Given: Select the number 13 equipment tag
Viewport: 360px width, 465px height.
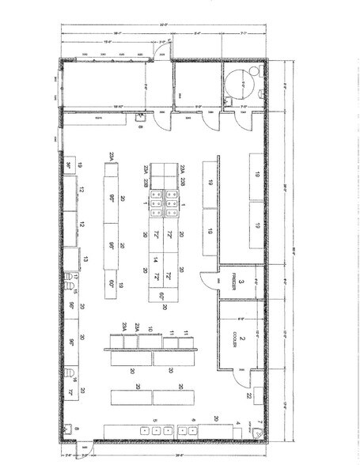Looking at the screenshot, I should [x=85, y=259].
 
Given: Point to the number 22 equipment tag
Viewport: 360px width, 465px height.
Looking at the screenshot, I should [x=248, y=395].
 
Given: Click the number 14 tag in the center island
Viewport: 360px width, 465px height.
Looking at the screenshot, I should [x=157, y=259].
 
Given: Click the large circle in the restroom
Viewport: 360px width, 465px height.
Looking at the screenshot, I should [x=236, y=79].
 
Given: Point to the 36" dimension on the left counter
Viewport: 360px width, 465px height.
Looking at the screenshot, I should [x=70, y=165].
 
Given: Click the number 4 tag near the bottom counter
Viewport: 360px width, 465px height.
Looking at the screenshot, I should [x=238, y=423].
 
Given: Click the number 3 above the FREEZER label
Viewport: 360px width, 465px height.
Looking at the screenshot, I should [x=241, y=282].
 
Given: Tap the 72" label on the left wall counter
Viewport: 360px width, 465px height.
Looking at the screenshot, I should [x=70, y=391].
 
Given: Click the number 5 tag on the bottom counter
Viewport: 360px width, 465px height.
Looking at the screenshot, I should [x=155, y=420].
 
